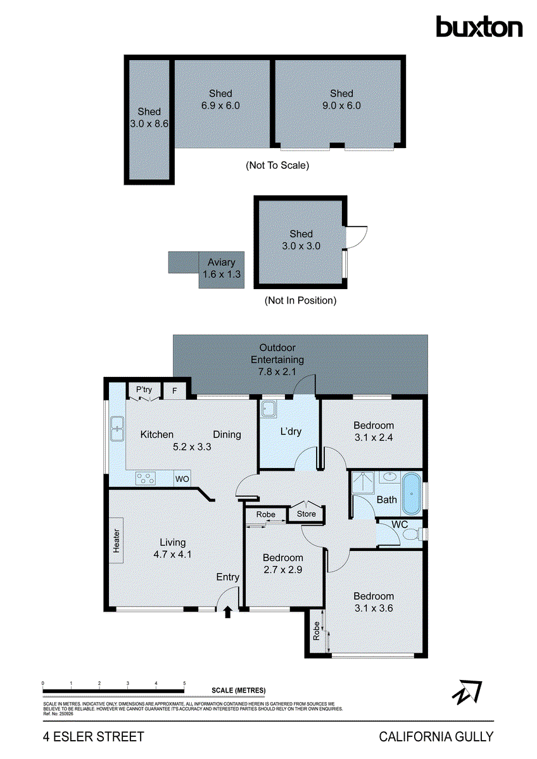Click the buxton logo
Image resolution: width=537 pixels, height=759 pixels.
click(479, 27)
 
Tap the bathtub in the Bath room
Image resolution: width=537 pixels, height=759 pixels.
click(412, 493)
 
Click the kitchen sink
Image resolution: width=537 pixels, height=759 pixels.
click(117, 428)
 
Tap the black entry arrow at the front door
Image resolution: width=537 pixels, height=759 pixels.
click(228, 611)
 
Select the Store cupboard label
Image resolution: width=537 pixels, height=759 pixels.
click(306, 514)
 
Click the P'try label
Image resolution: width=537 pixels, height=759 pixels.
click(144, 390)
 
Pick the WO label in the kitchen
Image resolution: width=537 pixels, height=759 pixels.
click(182, 479)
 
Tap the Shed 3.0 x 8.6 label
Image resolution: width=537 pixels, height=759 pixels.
click(149, 118)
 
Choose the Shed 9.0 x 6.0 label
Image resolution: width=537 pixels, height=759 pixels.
click(341, 99)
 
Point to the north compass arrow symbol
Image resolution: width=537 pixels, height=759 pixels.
click(467, 692)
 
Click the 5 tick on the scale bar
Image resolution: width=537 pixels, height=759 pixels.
click(184, 684)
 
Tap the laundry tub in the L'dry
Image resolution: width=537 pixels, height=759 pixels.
click(269, 409)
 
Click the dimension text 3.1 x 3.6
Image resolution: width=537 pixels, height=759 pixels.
click(374, 608)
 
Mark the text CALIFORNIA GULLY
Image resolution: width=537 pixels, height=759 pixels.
click(436, 736)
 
